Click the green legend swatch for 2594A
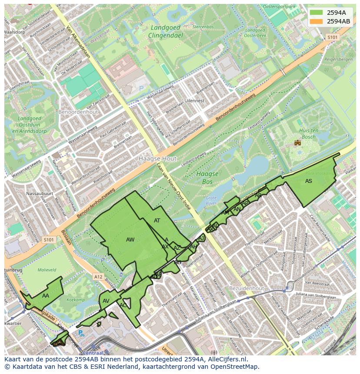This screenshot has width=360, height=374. tap(317, 13)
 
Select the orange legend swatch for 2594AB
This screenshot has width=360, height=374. tap(317, 21)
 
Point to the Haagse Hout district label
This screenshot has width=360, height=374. tap(157, 159)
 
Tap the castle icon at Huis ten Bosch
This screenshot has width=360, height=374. tap(298, 142)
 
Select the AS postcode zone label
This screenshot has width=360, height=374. tap(308, 181)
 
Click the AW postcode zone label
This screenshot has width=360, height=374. tap(130, 240)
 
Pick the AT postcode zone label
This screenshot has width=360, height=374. tap(157, 221)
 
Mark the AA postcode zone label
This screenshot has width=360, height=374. tap(46, 296)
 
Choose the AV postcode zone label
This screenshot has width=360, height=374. tap(106, 301)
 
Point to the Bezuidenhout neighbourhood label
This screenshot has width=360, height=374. tap(247, 288)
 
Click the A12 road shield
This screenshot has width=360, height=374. tap(98, 276)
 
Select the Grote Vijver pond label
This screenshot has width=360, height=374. tap(211, 200)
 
